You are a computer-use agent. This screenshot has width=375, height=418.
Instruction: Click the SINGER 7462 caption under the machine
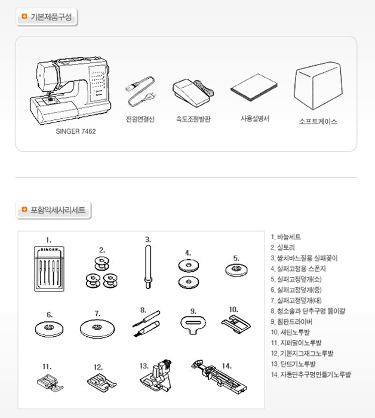(76, 131)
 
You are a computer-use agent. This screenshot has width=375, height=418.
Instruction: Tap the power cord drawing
(141, 92)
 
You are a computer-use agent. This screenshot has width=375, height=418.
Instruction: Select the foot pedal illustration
(193, 93)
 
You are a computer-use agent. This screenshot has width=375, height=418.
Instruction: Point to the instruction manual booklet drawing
(254, 88)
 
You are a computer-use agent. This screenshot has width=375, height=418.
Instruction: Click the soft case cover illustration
(318, 86)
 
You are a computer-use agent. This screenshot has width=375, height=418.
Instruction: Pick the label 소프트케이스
(318, 122)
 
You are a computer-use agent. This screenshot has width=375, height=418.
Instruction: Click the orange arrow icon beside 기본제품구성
(24, 17)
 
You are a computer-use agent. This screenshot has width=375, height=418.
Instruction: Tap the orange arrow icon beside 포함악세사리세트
(24, 210)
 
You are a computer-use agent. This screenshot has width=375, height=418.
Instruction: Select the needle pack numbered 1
(50, 269)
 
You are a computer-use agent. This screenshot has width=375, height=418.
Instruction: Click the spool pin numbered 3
(148, 267)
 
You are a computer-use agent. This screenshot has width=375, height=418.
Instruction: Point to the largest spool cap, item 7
(97, 328)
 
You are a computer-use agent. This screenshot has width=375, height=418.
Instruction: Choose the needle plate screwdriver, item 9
(193, 324)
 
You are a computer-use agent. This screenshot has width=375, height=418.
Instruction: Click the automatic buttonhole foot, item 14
(219, 376)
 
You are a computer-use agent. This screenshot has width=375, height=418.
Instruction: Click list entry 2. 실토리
(283, 247)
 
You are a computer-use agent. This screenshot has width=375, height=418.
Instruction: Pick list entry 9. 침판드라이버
(291, 321)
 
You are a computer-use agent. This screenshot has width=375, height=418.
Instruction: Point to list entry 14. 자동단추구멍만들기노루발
(311, 374)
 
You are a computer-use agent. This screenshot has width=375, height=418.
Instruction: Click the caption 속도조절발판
(193, 119)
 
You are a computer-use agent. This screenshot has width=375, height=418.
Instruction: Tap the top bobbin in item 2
(102, 263)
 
